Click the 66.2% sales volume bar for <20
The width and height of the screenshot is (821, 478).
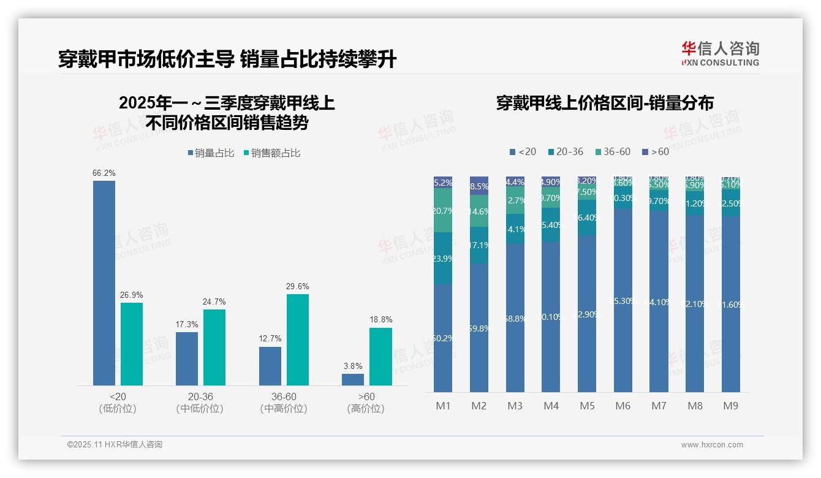(x=104, y=283)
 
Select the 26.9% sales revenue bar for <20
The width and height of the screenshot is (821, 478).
(x=132, y=344)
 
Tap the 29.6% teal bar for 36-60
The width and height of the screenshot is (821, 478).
(x=298, y=340)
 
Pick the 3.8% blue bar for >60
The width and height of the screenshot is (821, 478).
(x=353, y=379)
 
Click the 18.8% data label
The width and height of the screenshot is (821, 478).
(x=380, y=320)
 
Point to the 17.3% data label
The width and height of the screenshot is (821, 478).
(x=186, y=324)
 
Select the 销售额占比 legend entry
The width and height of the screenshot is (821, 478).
(x=272, y=153)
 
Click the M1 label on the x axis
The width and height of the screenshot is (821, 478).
(x=442, y=406)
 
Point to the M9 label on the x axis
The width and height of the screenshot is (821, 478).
(x=730, y=406)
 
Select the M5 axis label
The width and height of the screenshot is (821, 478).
(x=586, y=406)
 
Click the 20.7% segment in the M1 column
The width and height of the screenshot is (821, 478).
(x=443, y=210)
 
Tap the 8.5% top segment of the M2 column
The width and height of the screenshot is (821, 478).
(x=479, y=186)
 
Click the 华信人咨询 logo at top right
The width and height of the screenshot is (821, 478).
(x=720, y=53)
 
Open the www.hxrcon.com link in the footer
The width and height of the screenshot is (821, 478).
(x=711, y=445)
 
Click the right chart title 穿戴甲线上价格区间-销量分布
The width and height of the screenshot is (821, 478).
(x=605, y=103)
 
